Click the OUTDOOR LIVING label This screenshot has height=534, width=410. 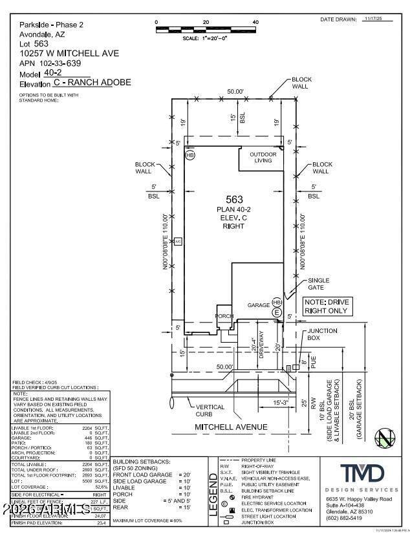[x=263, y=157]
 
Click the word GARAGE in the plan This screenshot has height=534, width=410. [x=259, y=304]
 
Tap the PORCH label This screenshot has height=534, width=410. [x=224, y=315]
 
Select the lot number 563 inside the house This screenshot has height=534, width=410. [x=234, y=200]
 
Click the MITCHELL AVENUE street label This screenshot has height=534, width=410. [x=231, y=427]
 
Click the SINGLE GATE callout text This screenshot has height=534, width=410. [x=318, y=284]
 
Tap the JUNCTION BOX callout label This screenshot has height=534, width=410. [x=318, y=334]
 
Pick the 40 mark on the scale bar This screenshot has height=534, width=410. [x=255, y=22]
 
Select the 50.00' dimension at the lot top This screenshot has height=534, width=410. [x=235, y=92]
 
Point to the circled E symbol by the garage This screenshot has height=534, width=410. [x=277, y=312]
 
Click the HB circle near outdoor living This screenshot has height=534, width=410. [x=189, y=156]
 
